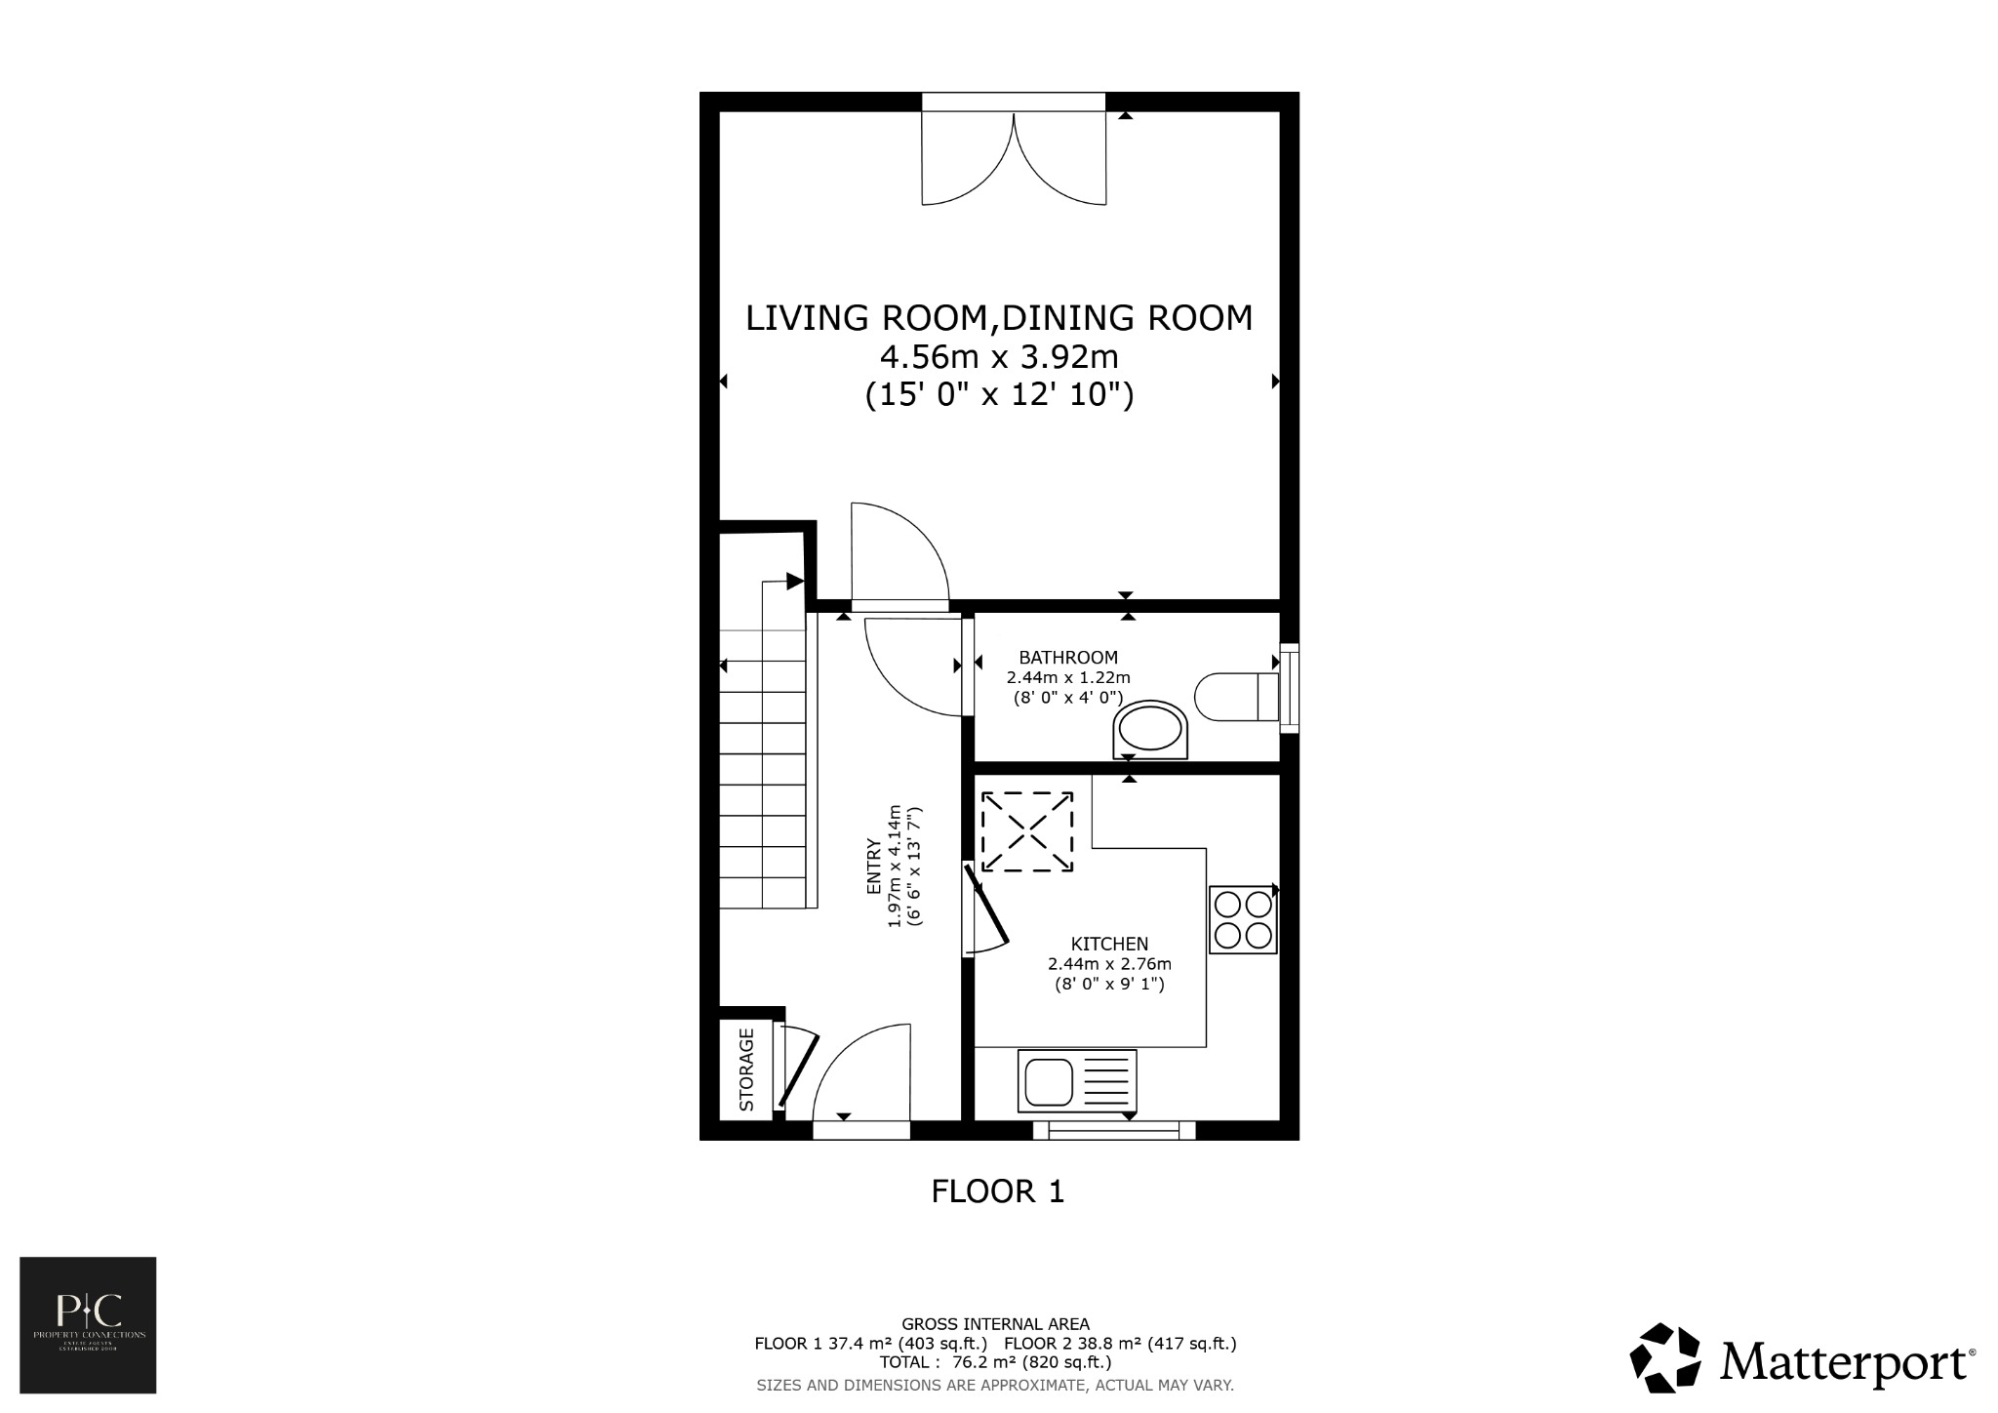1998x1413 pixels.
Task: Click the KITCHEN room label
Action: pyautogui.click(x=1109, y=944)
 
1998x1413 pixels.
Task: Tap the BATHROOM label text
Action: pyautogui.click(x=1068, y=658)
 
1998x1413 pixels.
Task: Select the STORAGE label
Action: pyautogui.click(x=747, y=1070)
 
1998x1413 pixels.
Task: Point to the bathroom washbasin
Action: pyautogui.click(x=1151, y=729)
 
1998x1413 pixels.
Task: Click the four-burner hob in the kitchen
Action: pyautogui.click(x=1243, y=919)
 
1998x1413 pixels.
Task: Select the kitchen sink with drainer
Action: pyautogui.click(x=1077, y=1080)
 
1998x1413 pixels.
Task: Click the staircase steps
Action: pyautogui.click(x=764, y=771)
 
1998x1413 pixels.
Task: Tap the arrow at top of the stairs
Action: pyautogui.click(x=794, y=582)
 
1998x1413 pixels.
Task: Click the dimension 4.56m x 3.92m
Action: pyautogui.click(x=999, y=357)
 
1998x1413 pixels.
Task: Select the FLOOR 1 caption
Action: pyautogui.click(x=997, y=1191)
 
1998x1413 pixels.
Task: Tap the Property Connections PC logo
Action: pyautogui.click(x=88, y=1324)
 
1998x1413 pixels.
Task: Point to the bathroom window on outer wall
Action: pyautogui.click(x=1290, y=687)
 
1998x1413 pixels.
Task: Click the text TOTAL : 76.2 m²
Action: pyautogui.click(x=995, y=1362)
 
